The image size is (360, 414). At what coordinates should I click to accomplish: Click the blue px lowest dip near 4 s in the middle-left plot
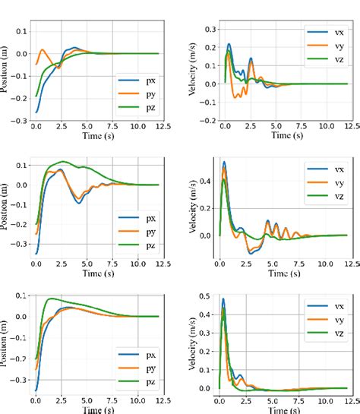[78, 202]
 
